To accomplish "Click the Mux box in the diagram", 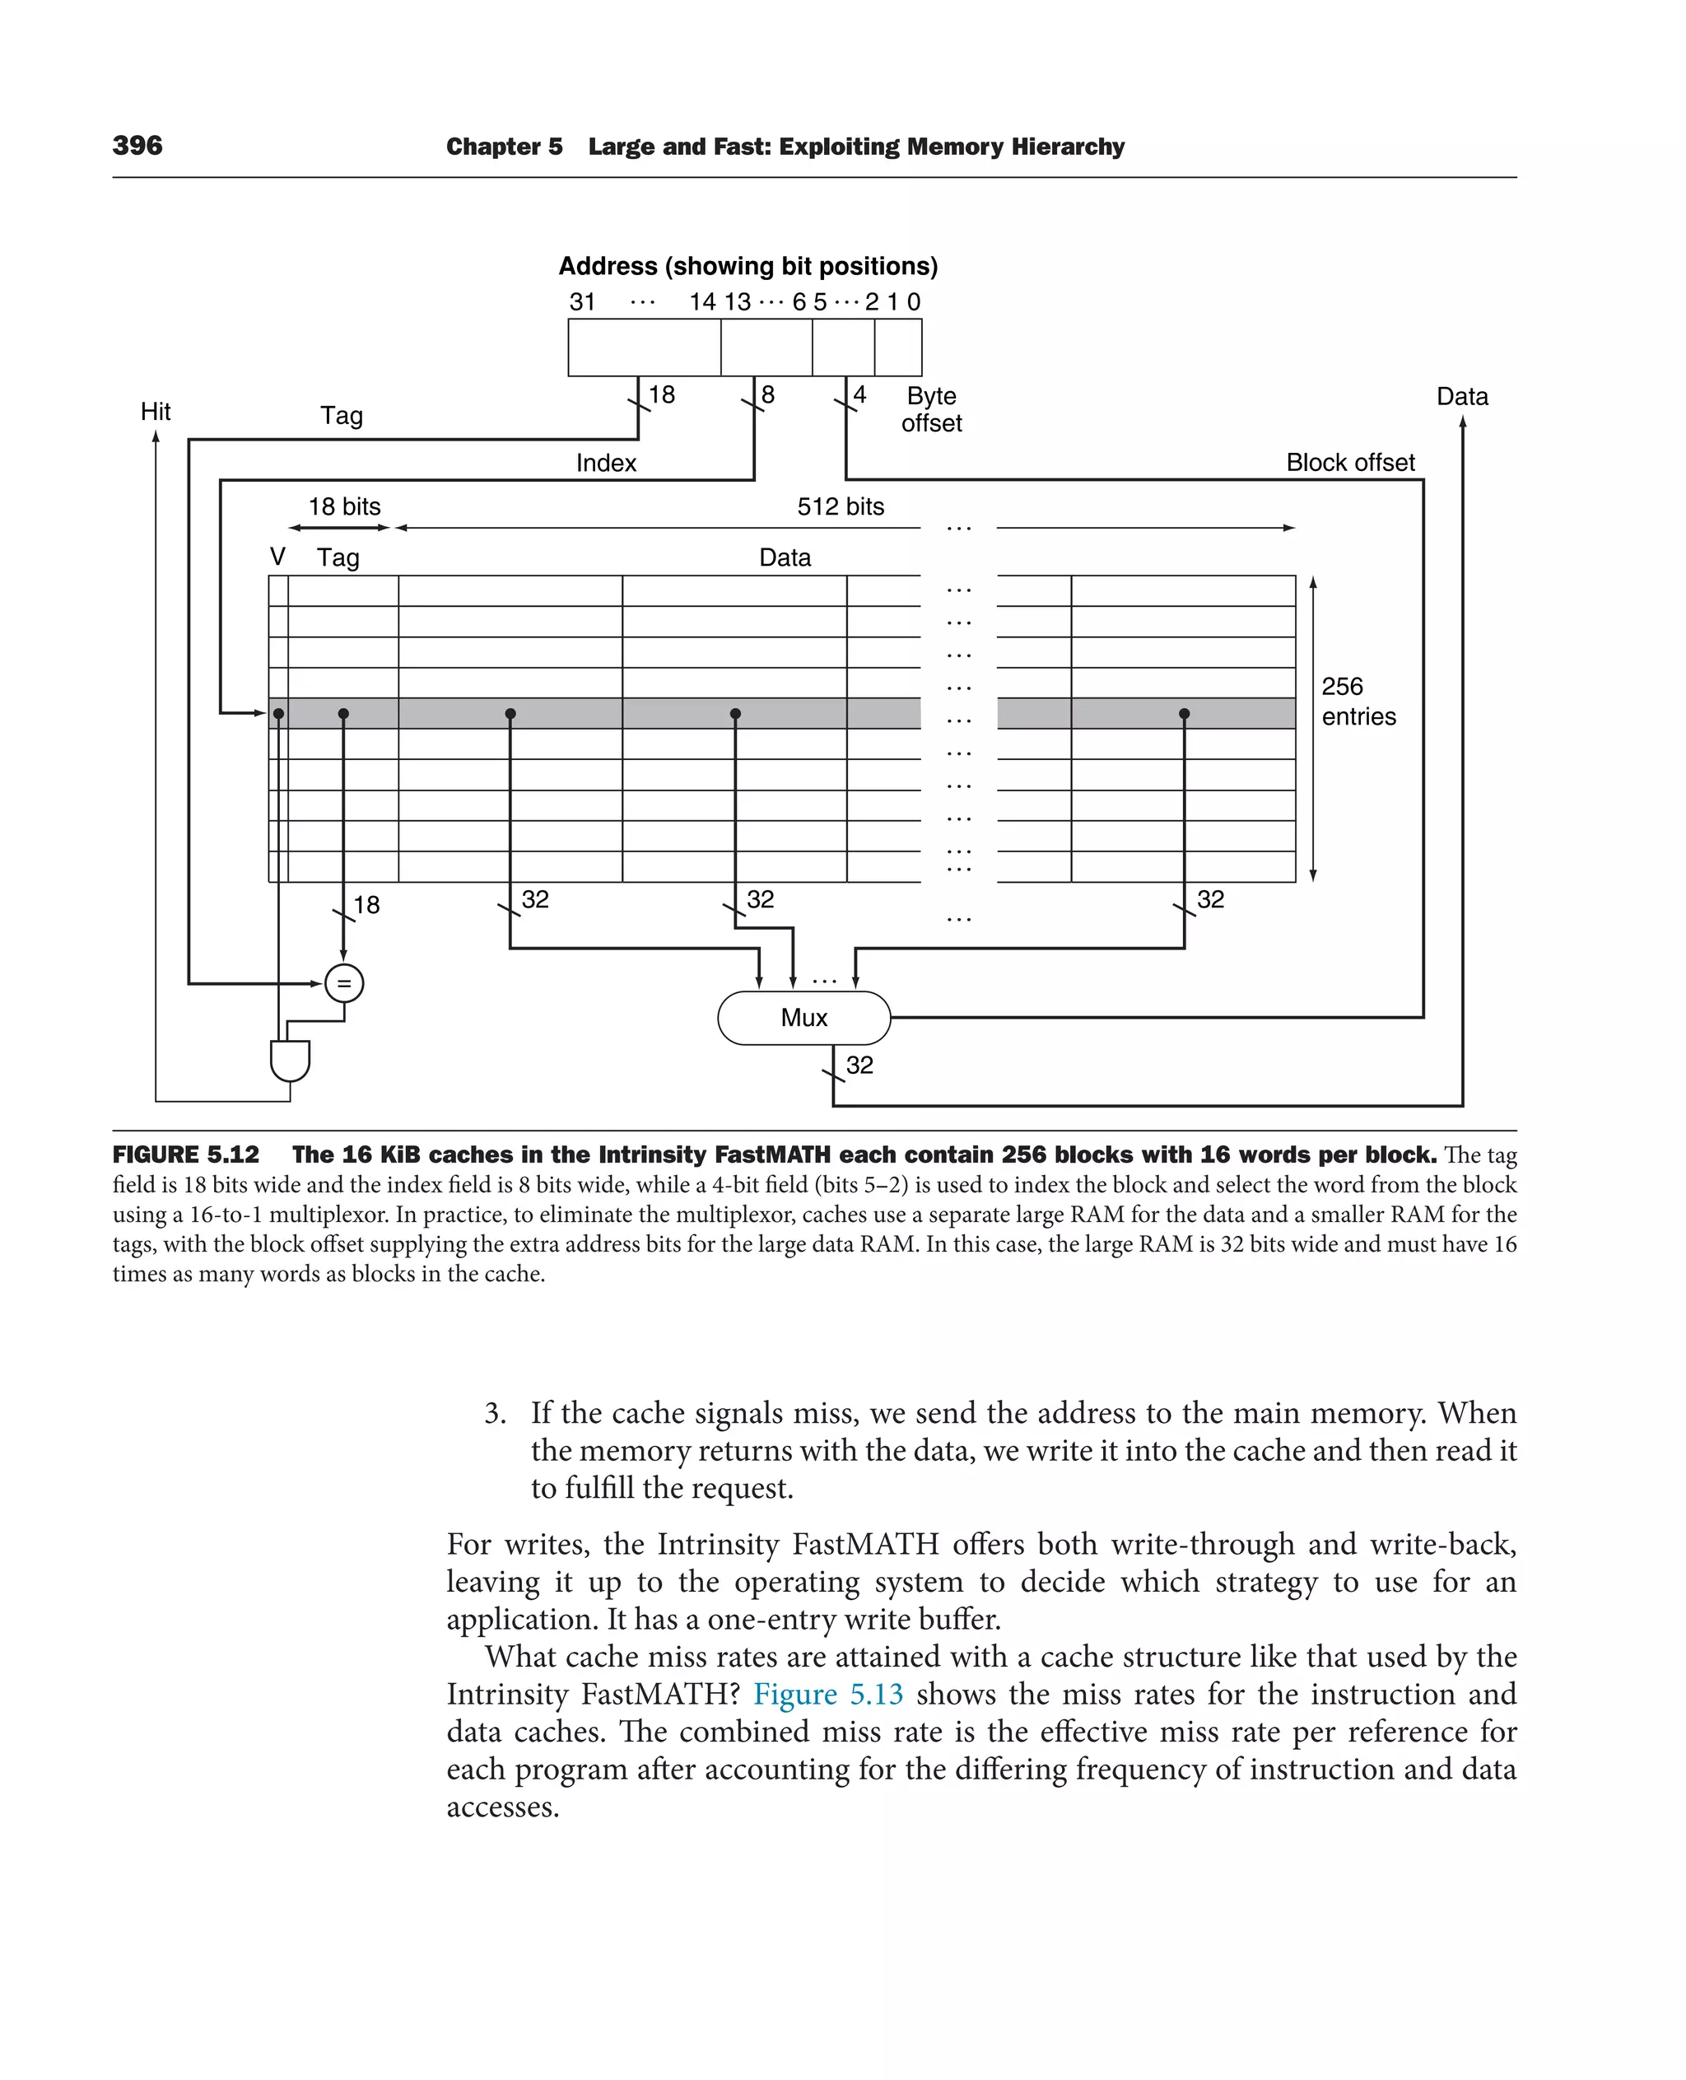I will tap(803, 1017).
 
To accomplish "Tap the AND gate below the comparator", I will tap(290, 1060).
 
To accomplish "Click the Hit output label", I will tap(156, 412).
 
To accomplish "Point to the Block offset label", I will tap(1350, 463).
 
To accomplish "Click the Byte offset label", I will tap(931, 409).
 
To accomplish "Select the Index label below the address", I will tap(606, 463).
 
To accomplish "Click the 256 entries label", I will tap(1358, 702).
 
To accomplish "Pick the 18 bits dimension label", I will tap(344, 506).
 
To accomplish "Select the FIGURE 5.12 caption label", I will tap(185, 1154).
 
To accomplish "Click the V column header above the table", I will tap(277, 557).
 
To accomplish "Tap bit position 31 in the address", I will tap(582, 302).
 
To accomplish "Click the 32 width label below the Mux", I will tap(859, 1065).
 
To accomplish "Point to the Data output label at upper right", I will tap(1461, 396).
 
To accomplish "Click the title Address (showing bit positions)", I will tap(748, 266).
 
